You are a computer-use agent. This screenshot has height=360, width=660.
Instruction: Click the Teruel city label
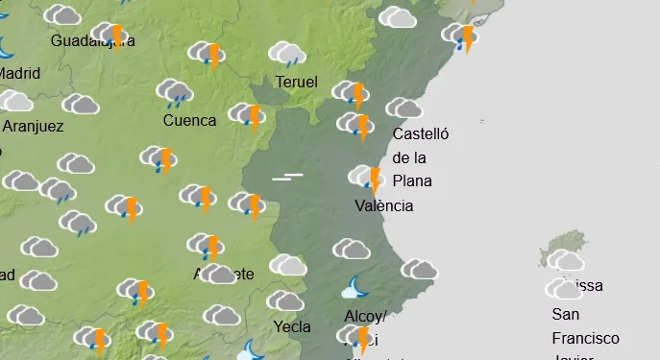(296, 83)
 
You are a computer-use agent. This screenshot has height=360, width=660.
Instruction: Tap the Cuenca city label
(189, 121)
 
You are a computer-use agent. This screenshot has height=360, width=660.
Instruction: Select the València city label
(383, 205)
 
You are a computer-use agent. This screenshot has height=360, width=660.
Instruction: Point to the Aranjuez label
(34, 126)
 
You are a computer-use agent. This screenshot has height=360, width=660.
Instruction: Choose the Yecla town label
(292, 326)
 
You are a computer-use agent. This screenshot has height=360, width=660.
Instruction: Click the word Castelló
(421, 134)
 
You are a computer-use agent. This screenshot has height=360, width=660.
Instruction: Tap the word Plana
(412, 180)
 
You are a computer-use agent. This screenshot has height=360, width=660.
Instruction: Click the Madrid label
(20, 73)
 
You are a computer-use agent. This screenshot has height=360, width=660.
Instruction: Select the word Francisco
(585, 338)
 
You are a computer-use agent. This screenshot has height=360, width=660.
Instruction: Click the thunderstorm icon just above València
(367, 179)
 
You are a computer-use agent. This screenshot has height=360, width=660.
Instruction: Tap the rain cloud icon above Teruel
(286, 54)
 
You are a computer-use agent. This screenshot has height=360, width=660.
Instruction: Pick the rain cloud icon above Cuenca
(175, 92)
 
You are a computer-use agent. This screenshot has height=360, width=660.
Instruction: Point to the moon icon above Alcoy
(356, 288)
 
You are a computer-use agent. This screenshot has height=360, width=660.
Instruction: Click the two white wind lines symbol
(287, 177)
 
